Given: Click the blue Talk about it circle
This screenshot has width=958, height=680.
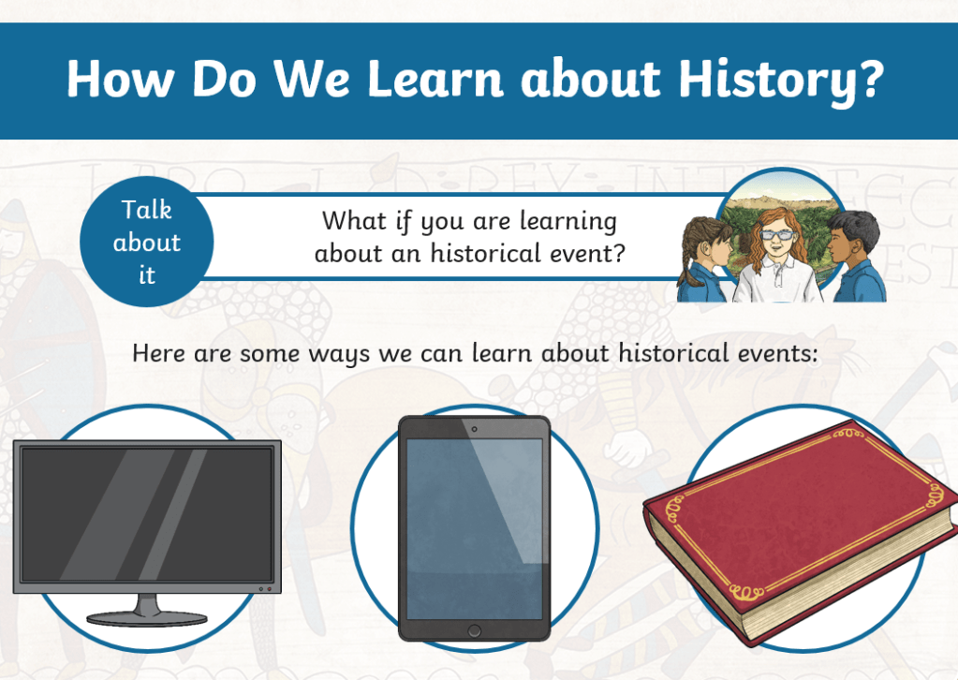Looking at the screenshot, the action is click(147, 242).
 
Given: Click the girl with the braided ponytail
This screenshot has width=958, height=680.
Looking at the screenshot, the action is click(706, 259).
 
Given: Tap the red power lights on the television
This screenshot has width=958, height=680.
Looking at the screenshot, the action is click(265, 589).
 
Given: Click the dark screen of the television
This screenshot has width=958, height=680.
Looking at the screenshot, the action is click(147, 514).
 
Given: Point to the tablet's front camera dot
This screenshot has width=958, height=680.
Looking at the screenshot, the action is click(474, 429).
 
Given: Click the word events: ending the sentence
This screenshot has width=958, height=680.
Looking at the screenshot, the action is click(777, 353).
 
